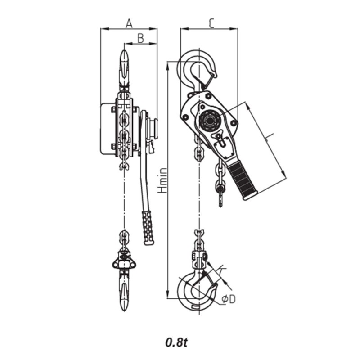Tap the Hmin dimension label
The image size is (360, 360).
point(163,180)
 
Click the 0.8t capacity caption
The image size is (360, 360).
point(176,342)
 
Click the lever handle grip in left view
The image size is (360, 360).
point(148,227)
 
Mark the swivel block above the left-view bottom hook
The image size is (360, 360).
point(124,261)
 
